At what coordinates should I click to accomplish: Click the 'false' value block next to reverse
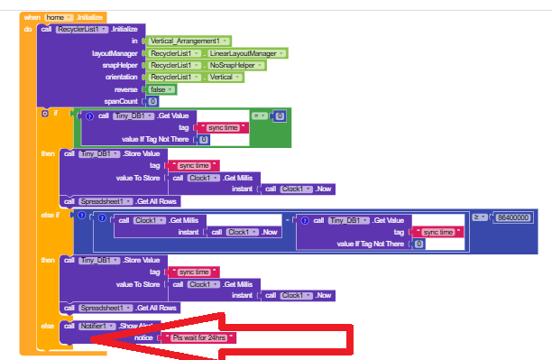pyautogui.click(x=162, y=89)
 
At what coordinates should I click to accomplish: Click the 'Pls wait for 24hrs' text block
pyautogui.click(x=198, y=337)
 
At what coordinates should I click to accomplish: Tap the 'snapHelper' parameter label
pyautogui.click(x=122, y=66)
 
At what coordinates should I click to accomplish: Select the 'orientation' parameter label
pyautogui.click(x=122, y=78)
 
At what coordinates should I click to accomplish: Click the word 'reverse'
pyautogui.click(x=126, y=89)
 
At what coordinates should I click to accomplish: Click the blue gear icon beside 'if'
pyautogui.click(x=45, y=114)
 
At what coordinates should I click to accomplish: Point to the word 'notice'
pyautogui.click(x=143, y=337)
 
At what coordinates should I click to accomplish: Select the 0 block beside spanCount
pyautogui.click(x=152, y=101)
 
